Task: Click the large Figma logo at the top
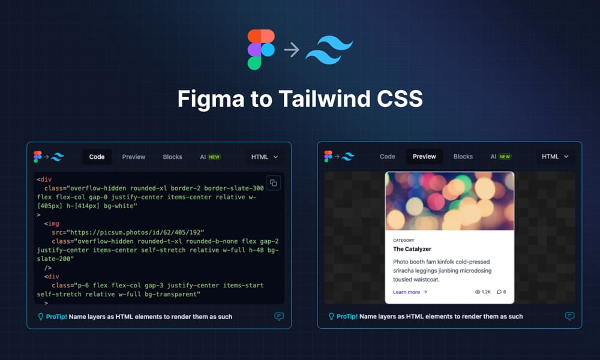coord(261,49)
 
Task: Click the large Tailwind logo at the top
coord(329,49)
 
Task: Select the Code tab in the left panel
coord(97,157)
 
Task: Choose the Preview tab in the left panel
coord(134,157)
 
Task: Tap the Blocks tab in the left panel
coord(172,157)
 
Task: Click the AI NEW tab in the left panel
coord(210,157)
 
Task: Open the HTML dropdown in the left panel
coord(265,157)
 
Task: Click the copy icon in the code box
coord(273,183)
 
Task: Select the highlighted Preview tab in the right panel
coord(424,157)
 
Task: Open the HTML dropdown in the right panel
coord(555,157)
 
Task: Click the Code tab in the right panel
coord(388,157)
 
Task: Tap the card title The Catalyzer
coord(412,248)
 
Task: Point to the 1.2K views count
coord(484,292)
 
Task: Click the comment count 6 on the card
coord(502,292)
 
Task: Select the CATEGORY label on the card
coord(404,240)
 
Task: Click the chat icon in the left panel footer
coord(279,316)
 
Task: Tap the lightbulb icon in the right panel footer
coord(331,316)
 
